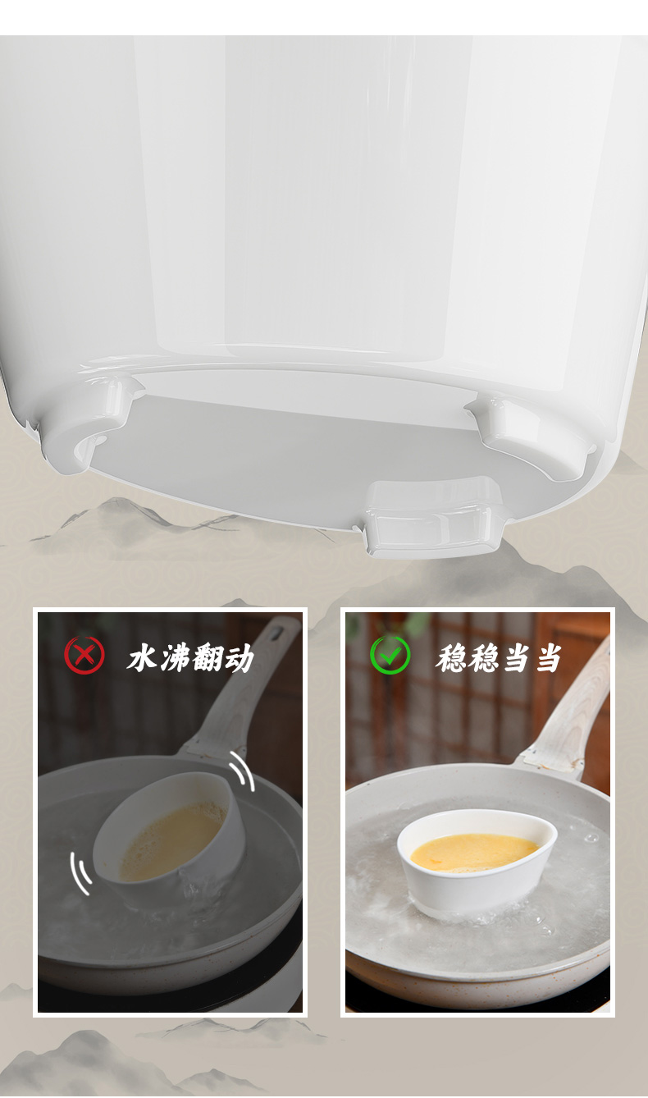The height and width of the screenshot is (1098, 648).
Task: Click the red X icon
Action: tap(84, 655)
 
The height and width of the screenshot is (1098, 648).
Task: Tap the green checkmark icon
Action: tap(390, 655)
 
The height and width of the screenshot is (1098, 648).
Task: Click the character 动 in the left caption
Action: tap(239, 658)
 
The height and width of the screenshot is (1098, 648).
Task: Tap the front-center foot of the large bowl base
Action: tap(432, 516)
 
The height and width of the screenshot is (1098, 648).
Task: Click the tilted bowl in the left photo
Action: tap(169, 828)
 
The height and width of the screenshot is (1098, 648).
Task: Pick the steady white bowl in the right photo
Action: tap(476, 861)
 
